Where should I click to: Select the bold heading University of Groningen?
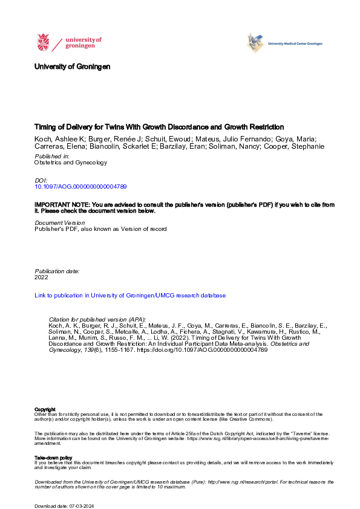(72, 66)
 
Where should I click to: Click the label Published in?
(51, 155)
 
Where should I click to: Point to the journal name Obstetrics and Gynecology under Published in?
(71, 162)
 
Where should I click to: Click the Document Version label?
(60, 222)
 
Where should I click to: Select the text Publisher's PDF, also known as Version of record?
(100, 229)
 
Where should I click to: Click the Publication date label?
(57, 271)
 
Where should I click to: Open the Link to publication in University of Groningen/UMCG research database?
(130, 296)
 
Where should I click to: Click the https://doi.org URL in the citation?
(212, 349)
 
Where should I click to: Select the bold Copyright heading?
(45, 409)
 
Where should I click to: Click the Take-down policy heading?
(54, 458)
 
